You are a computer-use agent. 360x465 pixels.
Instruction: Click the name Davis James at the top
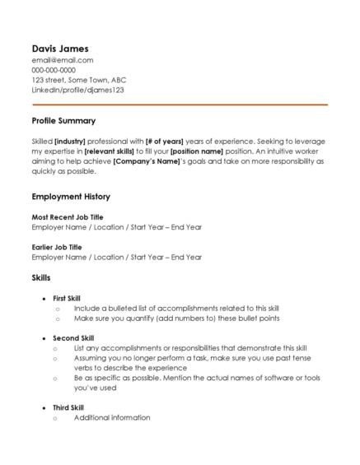point(59,48)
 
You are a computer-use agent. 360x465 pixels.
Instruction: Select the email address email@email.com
point(62,60)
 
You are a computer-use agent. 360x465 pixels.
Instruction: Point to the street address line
point(79,80)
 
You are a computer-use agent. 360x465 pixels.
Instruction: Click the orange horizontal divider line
point(180,105)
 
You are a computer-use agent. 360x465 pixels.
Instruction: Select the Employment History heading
point(71,198)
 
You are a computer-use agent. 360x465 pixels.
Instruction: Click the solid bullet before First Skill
point(44,298)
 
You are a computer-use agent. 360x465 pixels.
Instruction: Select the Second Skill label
point(73,337)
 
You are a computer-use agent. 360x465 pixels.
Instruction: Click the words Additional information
point(112,417)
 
